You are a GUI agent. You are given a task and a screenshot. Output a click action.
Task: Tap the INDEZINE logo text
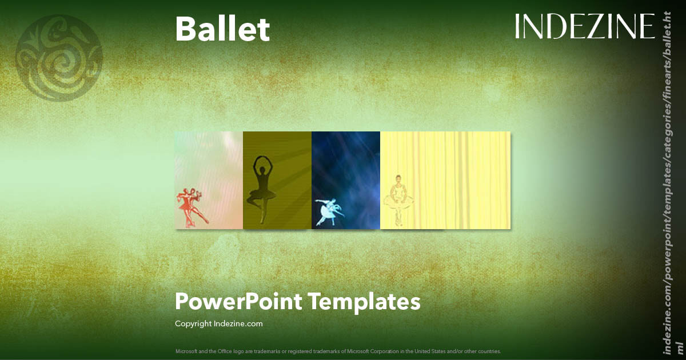pos(584,27)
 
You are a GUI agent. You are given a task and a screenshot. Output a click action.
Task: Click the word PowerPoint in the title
pos(237,301)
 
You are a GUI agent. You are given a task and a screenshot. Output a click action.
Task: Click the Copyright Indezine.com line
pos(218,323)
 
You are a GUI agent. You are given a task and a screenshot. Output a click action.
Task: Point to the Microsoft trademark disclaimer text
pos(338,351)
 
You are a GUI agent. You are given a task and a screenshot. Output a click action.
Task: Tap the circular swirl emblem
pos(59,57)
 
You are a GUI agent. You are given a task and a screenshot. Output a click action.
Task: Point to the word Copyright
pos(193,323)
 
